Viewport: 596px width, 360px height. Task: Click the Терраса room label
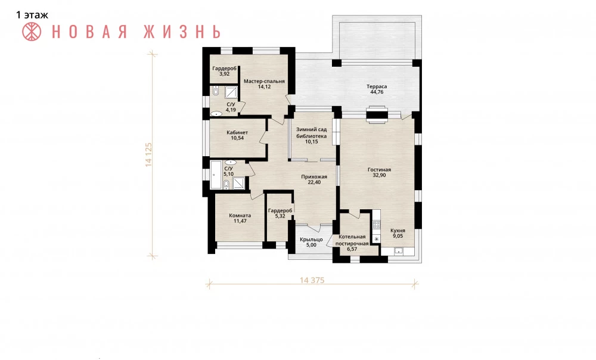377,86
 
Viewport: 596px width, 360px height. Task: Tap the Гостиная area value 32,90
379,175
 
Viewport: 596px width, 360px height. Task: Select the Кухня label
398,231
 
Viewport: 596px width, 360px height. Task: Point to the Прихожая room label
314,177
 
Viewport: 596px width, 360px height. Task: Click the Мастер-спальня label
264,81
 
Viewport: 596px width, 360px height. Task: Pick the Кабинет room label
237,132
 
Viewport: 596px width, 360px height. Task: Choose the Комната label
240,216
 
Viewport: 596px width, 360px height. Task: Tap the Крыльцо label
311,240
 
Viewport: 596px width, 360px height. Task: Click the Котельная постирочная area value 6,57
352,249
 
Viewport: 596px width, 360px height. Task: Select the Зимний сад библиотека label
311,133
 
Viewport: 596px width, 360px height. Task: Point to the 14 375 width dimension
312,280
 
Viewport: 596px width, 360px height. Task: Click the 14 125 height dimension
148,155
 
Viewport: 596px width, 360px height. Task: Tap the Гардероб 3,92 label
224,71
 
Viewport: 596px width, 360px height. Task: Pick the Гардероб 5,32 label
280,213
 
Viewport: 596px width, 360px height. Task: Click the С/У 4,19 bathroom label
231,107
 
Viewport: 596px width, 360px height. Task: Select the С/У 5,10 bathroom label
228,171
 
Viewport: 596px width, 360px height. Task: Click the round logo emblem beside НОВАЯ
32,32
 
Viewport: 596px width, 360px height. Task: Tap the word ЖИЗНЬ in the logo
182,32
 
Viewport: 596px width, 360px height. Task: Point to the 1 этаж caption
32,15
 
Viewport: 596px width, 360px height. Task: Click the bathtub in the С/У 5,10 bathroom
216,175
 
